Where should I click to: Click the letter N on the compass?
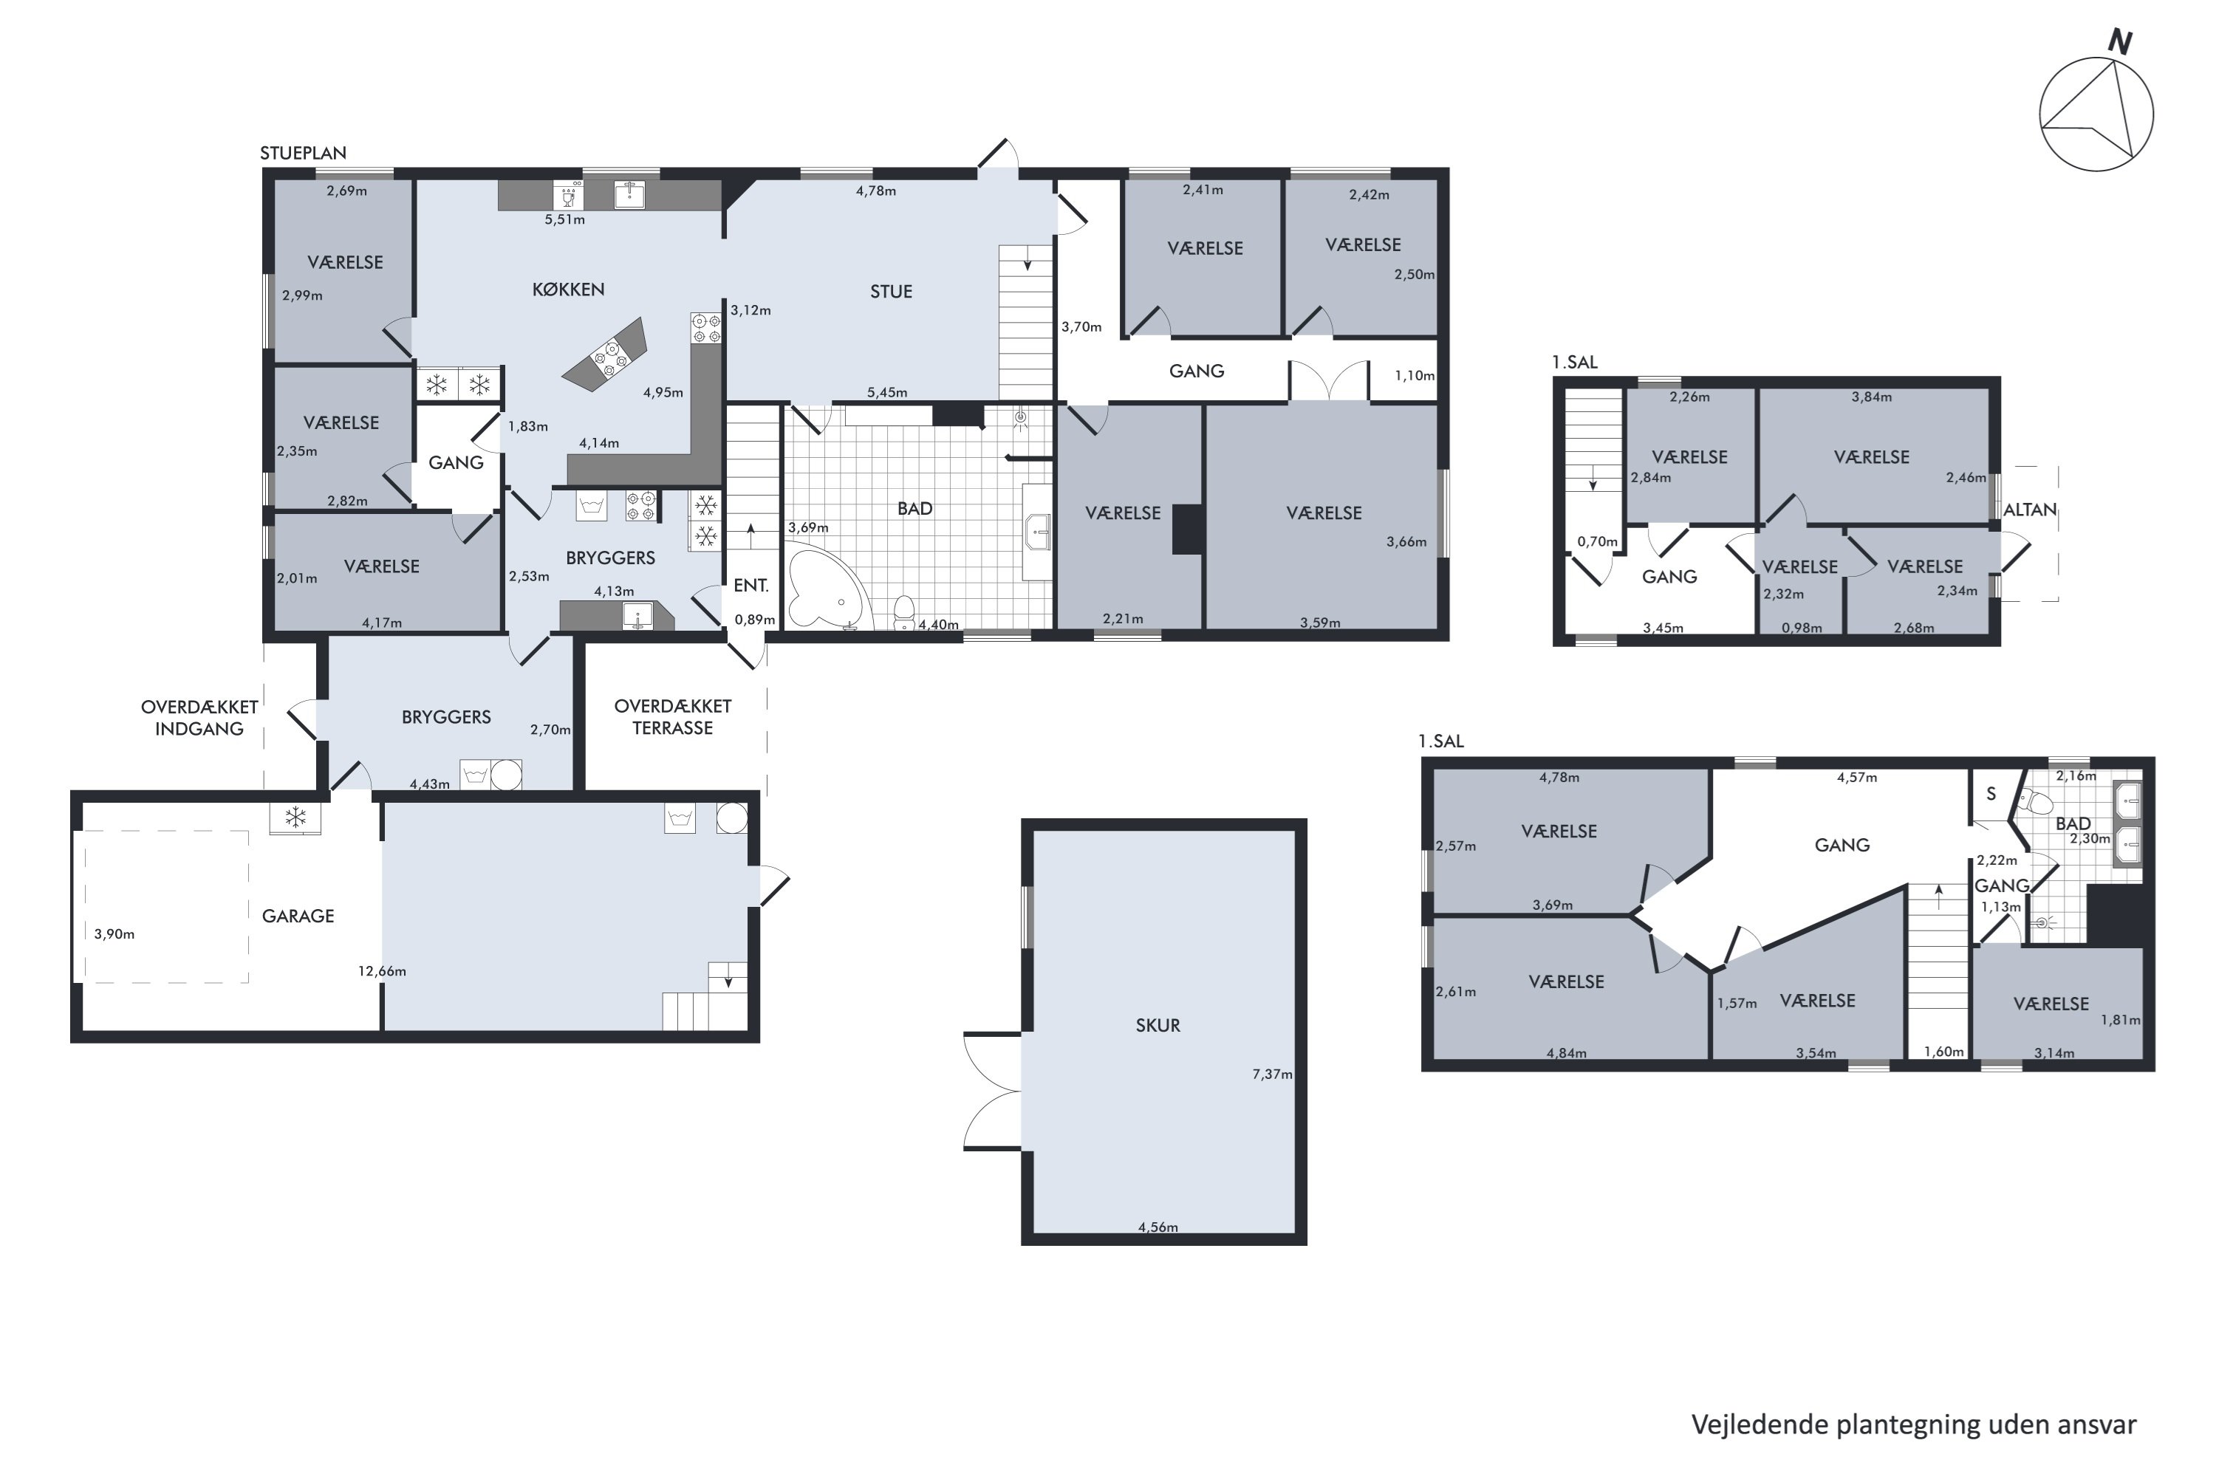pyautogui.click(x=2120, y=41)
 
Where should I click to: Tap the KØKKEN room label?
pyautogui.click(x=568, y=290)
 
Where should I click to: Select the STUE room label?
pyautogui.click(x=892, y=292)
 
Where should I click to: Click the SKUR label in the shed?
pyautogui.click(x=1158, y=1026)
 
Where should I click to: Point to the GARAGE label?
pyautogui.click(x=298, y=916)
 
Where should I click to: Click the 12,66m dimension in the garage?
pyautogui.click(x=383, y=971)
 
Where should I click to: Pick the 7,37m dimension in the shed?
pyautogui.click(x=1272, y=1074)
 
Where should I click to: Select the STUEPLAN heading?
pyautogui.click(x=304, y=153)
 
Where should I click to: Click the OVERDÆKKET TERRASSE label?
pyautogui.click(x=673, y=717)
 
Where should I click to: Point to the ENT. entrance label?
pyautogui.click(x=751, y=585)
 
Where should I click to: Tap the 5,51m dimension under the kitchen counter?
pyautogui.click(x=564, y=219)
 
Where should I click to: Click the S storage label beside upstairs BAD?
pyautogui.click(x=1991, y=794)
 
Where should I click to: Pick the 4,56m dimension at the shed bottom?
pyautogui.click(x=1158, y=1227)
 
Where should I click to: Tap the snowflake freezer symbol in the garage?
pyautogui.click(x=296, y=818)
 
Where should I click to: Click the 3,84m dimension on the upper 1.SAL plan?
pyautogui.click(x=1871, y=397)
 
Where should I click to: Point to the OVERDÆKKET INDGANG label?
pyautogui.click(x=199, y=718)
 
